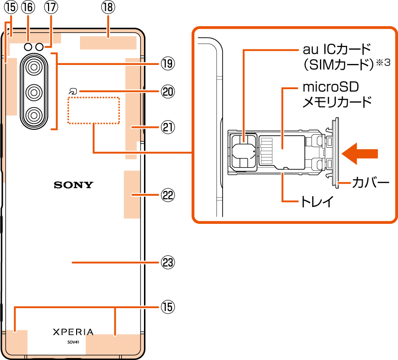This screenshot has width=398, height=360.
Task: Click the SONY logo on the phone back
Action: tap(73, 185)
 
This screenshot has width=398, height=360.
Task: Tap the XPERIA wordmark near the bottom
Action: tap(73, 332)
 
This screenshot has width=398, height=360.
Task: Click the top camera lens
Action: tap(34, 66)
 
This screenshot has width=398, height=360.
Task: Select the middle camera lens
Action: tap(34, 91)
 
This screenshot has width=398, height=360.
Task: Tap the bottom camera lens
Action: tap(34, 115)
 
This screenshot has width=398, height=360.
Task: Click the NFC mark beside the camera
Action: tap(73, 91)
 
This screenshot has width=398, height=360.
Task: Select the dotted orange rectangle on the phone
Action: tap(94, 110)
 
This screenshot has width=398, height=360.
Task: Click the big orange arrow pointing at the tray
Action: tap(359, 154)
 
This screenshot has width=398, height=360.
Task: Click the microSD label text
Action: tap(331, 88)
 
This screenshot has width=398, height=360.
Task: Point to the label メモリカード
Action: tap(337, 102)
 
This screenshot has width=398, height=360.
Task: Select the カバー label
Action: tap(371, 183)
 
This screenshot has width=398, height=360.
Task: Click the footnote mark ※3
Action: tap(383, 62)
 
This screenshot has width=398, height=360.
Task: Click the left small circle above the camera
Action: tap(28, 47)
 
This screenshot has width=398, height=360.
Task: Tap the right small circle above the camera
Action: tap(39, 47)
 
